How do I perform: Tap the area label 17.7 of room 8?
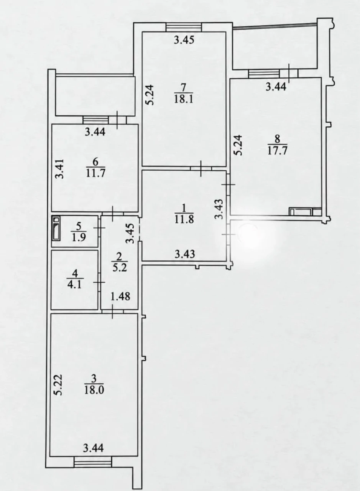point(277,151)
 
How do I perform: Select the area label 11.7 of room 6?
point(95,173)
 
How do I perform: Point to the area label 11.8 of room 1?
point(184,219)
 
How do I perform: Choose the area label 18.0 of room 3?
point(94,390)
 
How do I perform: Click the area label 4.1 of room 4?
point(75,285)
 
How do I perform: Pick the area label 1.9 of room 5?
point(79,237)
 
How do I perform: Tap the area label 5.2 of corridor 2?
point(120,268)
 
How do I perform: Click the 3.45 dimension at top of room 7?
point(184,40)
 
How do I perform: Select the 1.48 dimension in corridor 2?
point(120,297)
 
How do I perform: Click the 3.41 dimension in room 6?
point(59,169)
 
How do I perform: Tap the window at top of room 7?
point(184,27)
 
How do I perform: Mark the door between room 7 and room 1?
point(201,168)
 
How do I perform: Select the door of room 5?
point(99,228)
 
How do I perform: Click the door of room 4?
point(99,282)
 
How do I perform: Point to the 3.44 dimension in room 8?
point(276,87)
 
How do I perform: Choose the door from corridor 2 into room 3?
point(113,311)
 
